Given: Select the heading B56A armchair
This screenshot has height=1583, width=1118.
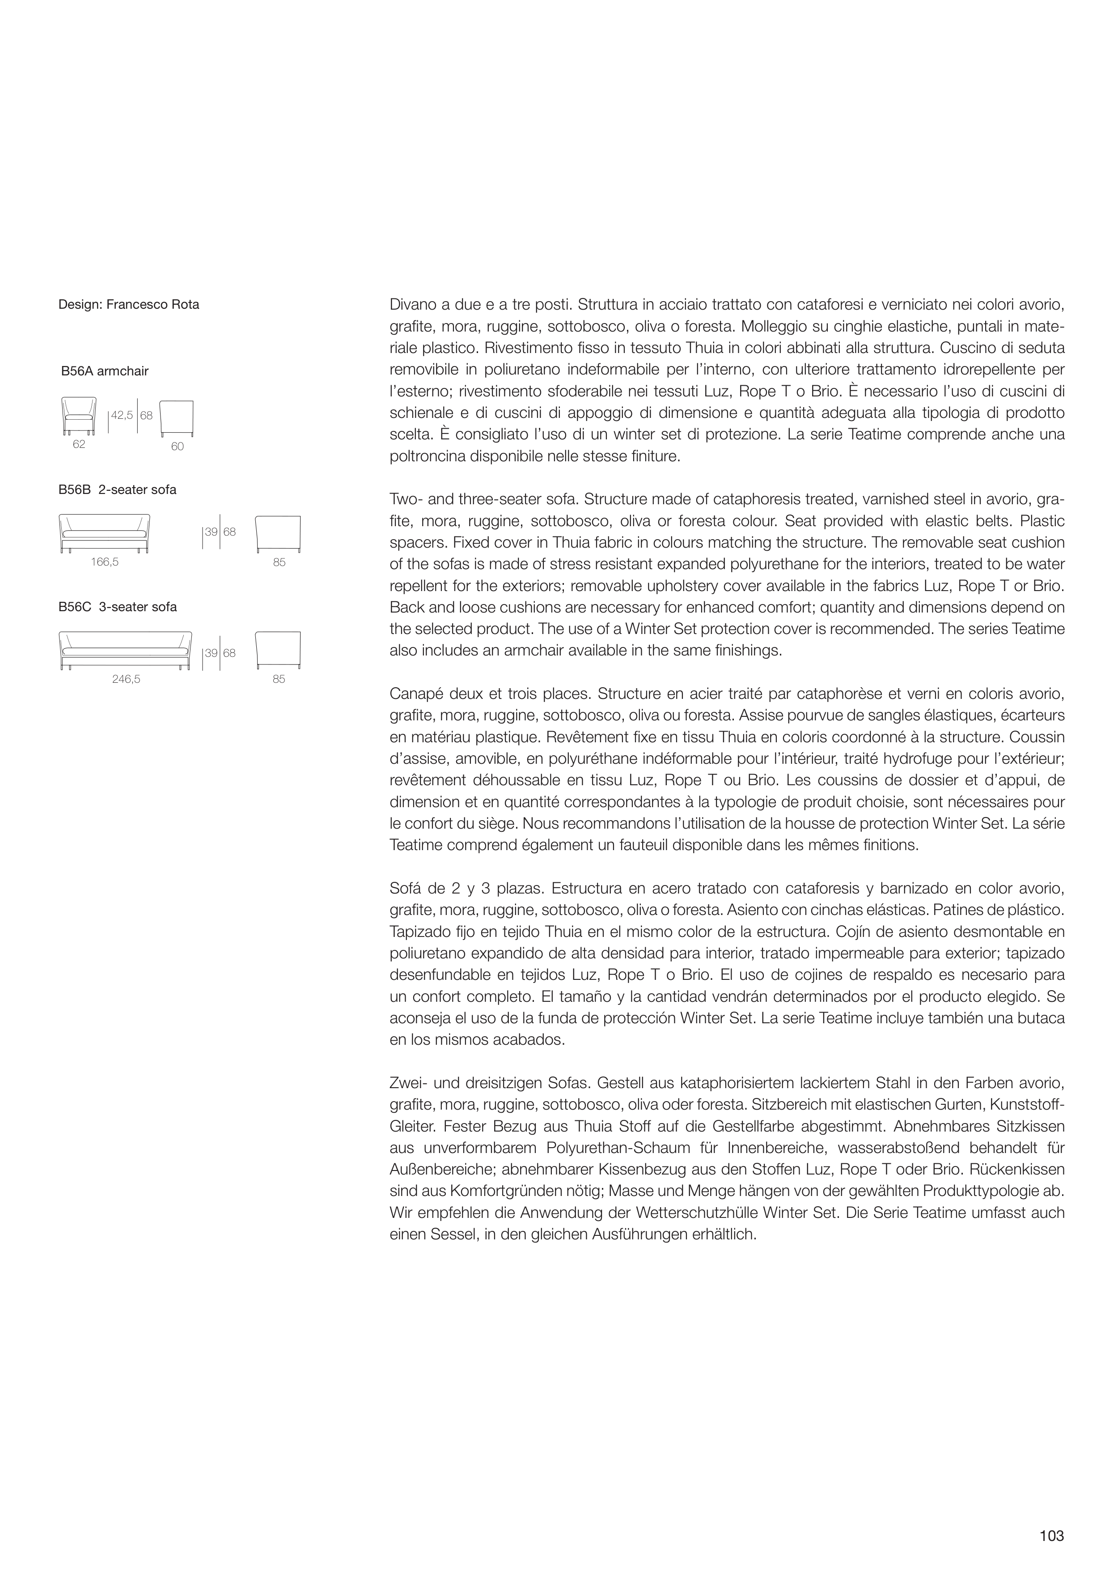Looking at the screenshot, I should [x=105, y=371].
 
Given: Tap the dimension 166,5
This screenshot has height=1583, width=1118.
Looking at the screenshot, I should [x=105, y=562].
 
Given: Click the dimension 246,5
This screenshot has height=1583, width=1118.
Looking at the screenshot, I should [x=126, y=679].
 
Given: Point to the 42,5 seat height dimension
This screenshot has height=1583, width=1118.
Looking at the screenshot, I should [x=122, y=416].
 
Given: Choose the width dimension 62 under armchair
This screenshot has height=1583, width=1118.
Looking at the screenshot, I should [x=79, y=445].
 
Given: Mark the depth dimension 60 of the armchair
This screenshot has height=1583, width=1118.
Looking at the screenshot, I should [x=177, y=447].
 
